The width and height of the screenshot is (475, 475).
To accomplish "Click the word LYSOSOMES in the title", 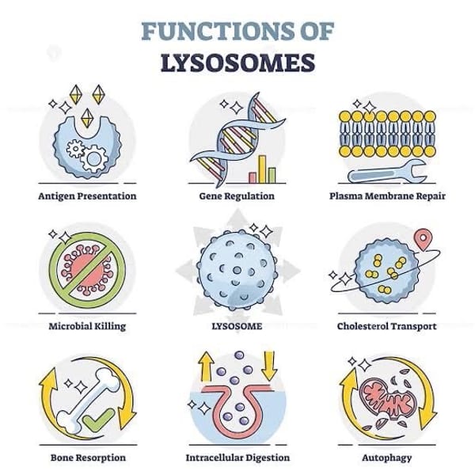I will pos(237,63).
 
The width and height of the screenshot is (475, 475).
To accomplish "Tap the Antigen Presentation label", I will pos(87,196).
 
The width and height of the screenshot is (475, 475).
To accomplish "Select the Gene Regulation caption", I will pos(237,196).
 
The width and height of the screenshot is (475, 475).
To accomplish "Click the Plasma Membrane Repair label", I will pos(387,196).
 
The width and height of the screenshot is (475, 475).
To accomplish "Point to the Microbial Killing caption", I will pos(87,326).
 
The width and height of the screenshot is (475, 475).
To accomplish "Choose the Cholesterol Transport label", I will pos(387,326).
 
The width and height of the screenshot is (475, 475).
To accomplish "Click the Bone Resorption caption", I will pos(87,457).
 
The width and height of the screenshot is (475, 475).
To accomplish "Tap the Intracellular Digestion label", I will pos(237,457).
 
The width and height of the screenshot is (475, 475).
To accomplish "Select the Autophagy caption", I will pos(387,457).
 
